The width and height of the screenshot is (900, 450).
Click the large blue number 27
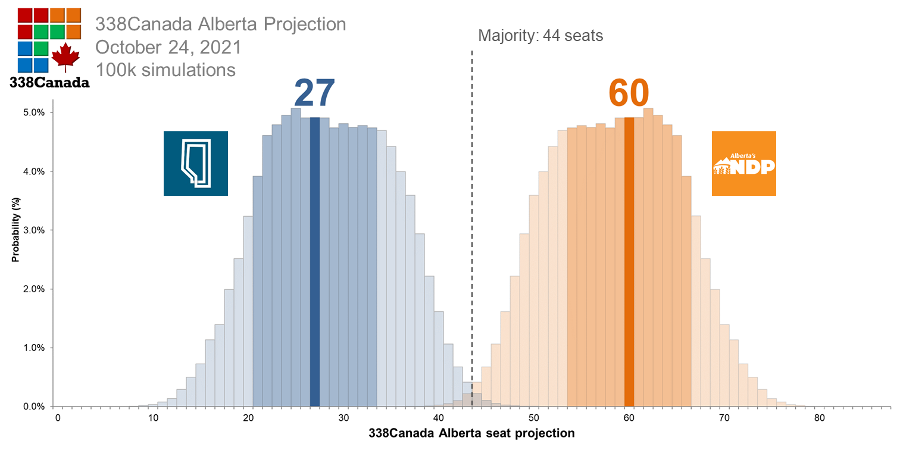314,93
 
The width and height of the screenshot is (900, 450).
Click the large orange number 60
629,93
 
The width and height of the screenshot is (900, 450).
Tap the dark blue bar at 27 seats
315,262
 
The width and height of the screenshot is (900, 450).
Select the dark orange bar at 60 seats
629,262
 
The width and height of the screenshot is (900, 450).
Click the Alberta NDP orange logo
743,163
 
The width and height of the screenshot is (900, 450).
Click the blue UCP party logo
196,163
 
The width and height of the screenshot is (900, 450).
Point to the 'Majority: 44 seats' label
540,36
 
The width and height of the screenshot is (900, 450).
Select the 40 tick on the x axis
439,418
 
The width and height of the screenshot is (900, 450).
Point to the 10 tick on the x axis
153,418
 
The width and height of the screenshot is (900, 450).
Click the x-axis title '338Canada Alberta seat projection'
472,433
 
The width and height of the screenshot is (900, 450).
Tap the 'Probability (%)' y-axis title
16,230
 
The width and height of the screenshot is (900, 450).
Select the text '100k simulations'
165,70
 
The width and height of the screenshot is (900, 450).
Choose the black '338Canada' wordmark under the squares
49,83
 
